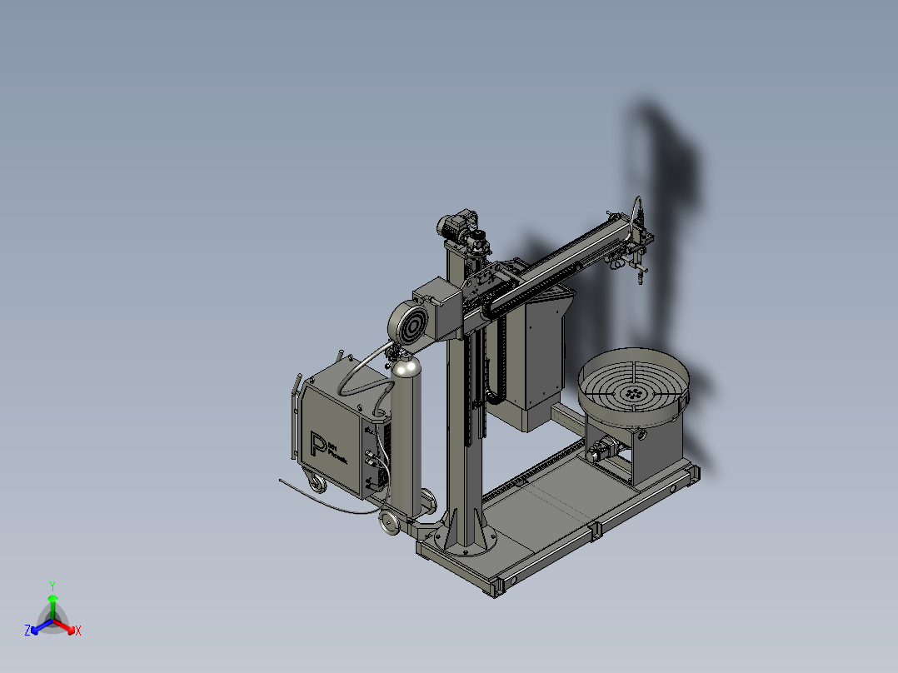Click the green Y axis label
tap(52, 585)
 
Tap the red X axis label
tap(77, 631)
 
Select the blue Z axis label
tap(27, 631)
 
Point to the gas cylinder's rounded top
tap(407, 366)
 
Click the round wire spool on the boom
tap(407, 325)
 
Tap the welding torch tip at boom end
tap(639, 277)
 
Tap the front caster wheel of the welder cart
tap(317, 483)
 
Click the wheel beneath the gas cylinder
tap(388, 521)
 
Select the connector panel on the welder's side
tap(374, 454)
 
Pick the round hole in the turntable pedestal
tap(642, 435)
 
